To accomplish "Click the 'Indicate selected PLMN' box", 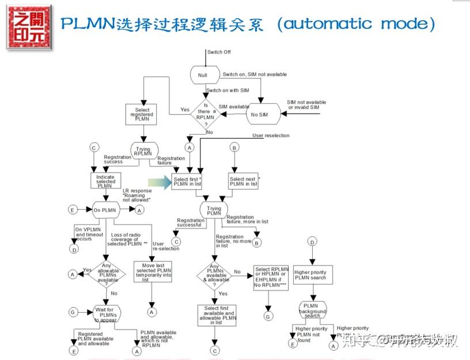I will (x=105, y=180).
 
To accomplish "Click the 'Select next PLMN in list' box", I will (x=244, y=182).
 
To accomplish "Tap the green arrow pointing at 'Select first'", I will (x=157, y=183).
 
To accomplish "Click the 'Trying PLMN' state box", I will (x=214, y=211).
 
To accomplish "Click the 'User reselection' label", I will (x=271, y=136).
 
